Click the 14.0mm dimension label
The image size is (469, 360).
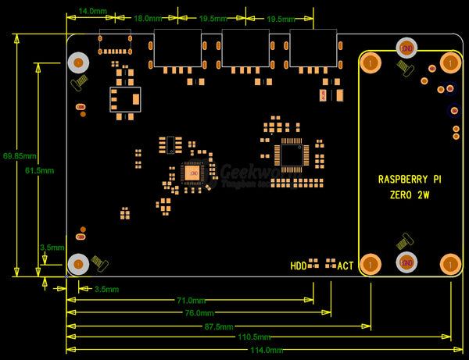click(x=91, y=12)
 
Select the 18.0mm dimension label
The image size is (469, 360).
click(x=147, y=18)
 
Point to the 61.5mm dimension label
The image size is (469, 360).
click(x=39, y=170)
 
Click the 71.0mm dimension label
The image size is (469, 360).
click(x=191, y=300)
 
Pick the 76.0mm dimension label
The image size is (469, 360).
click(x=199, y=312)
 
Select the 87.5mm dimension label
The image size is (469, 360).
click(x=218, y=326)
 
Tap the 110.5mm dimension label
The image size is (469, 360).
click(x=254, y=337)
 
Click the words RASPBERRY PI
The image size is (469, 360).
click(x=410, y=179)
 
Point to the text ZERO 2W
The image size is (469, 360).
click(x=410, y=195)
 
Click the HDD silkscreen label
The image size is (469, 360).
click(x=299, y=266)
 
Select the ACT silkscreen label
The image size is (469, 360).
click(x=345, y=266)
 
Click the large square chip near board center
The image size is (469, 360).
click(x=291, y=155)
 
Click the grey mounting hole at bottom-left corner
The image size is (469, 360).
click(x=77, y=264)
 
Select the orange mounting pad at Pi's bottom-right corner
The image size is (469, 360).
click(x=449, y=264)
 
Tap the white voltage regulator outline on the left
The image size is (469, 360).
click(x=126, y=99)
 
